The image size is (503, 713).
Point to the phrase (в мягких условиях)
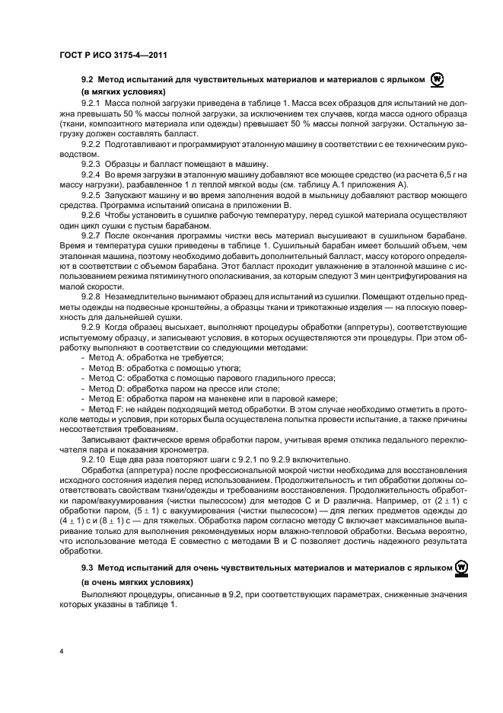[123, 91]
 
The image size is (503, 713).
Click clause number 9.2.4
[91, 175]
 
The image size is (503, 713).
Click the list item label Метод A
[102, 357]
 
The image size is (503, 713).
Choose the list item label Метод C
[102, 377]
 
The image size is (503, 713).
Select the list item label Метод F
[102, 408]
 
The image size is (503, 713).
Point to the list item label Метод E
[102, 398]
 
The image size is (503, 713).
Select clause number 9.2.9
[91, 327]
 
